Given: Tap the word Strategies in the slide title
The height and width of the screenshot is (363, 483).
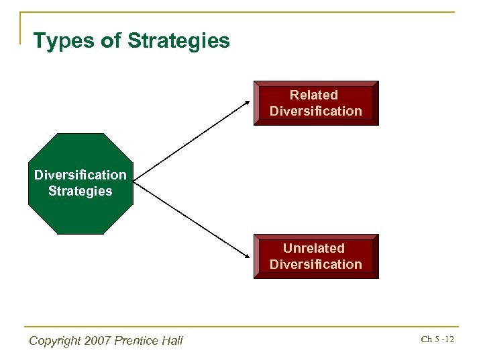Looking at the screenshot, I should (x=178, y=42).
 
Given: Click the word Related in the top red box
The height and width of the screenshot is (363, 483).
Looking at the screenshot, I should (x=313, y=95).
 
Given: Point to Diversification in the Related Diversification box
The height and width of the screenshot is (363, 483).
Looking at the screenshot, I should (x=315, y=112).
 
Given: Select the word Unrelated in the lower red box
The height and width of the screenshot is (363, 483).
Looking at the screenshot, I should (x=313, y=249).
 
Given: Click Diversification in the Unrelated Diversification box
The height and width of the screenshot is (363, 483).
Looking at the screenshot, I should (x=315, y=265).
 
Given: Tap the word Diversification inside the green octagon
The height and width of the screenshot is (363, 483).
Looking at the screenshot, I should (x=80, y=175).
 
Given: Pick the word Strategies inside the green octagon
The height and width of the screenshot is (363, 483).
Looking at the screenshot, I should (x=80, y=192).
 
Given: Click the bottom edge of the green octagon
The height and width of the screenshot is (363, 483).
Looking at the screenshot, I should (x=80, y=233).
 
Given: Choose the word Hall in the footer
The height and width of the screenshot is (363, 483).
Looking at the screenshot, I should (x=172, y=341).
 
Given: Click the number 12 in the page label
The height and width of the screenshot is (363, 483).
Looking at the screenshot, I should (x=449, y=339).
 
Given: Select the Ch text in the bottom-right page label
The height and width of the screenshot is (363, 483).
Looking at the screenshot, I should (x=426, y=339).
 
